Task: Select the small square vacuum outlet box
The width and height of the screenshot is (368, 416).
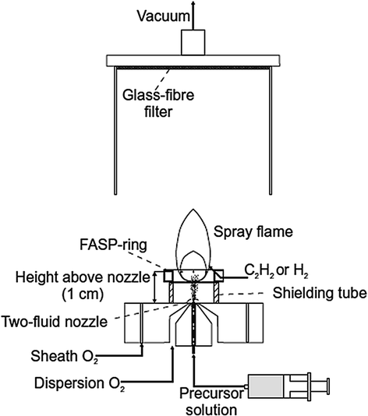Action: click(190, 42)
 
